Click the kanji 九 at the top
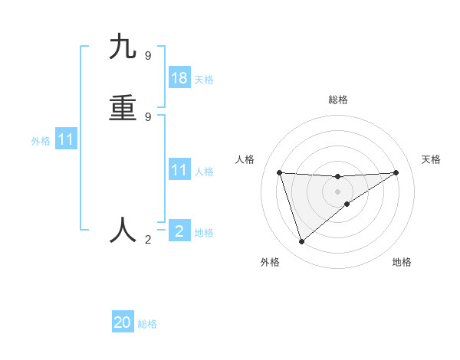123,47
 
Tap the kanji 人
123,229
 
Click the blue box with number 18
179,78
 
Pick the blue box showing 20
123,322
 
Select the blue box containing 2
179,231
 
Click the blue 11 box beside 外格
66,140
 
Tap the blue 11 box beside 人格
179,170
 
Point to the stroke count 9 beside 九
148,55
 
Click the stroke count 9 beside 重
148,116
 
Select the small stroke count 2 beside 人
148,240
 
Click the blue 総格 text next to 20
147,324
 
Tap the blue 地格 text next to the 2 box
204,233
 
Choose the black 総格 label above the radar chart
338,100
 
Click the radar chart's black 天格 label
431,159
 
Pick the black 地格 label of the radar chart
402,262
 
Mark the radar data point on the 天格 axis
396,172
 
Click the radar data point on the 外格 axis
301,242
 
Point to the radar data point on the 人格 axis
280,172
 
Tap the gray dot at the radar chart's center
337,191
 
